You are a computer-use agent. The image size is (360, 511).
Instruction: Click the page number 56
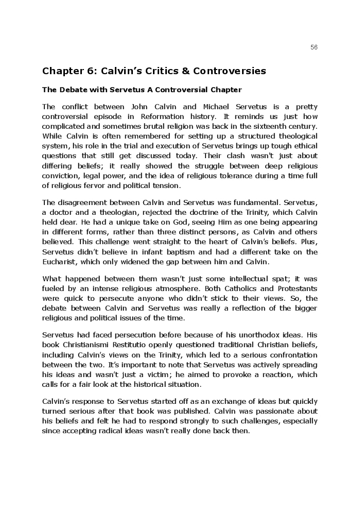click(314, 47)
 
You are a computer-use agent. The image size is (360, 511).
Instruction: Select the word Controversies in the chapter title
click(236, 71)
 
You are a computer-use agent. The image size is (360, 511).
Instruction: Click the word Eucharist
click(58, 262)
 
